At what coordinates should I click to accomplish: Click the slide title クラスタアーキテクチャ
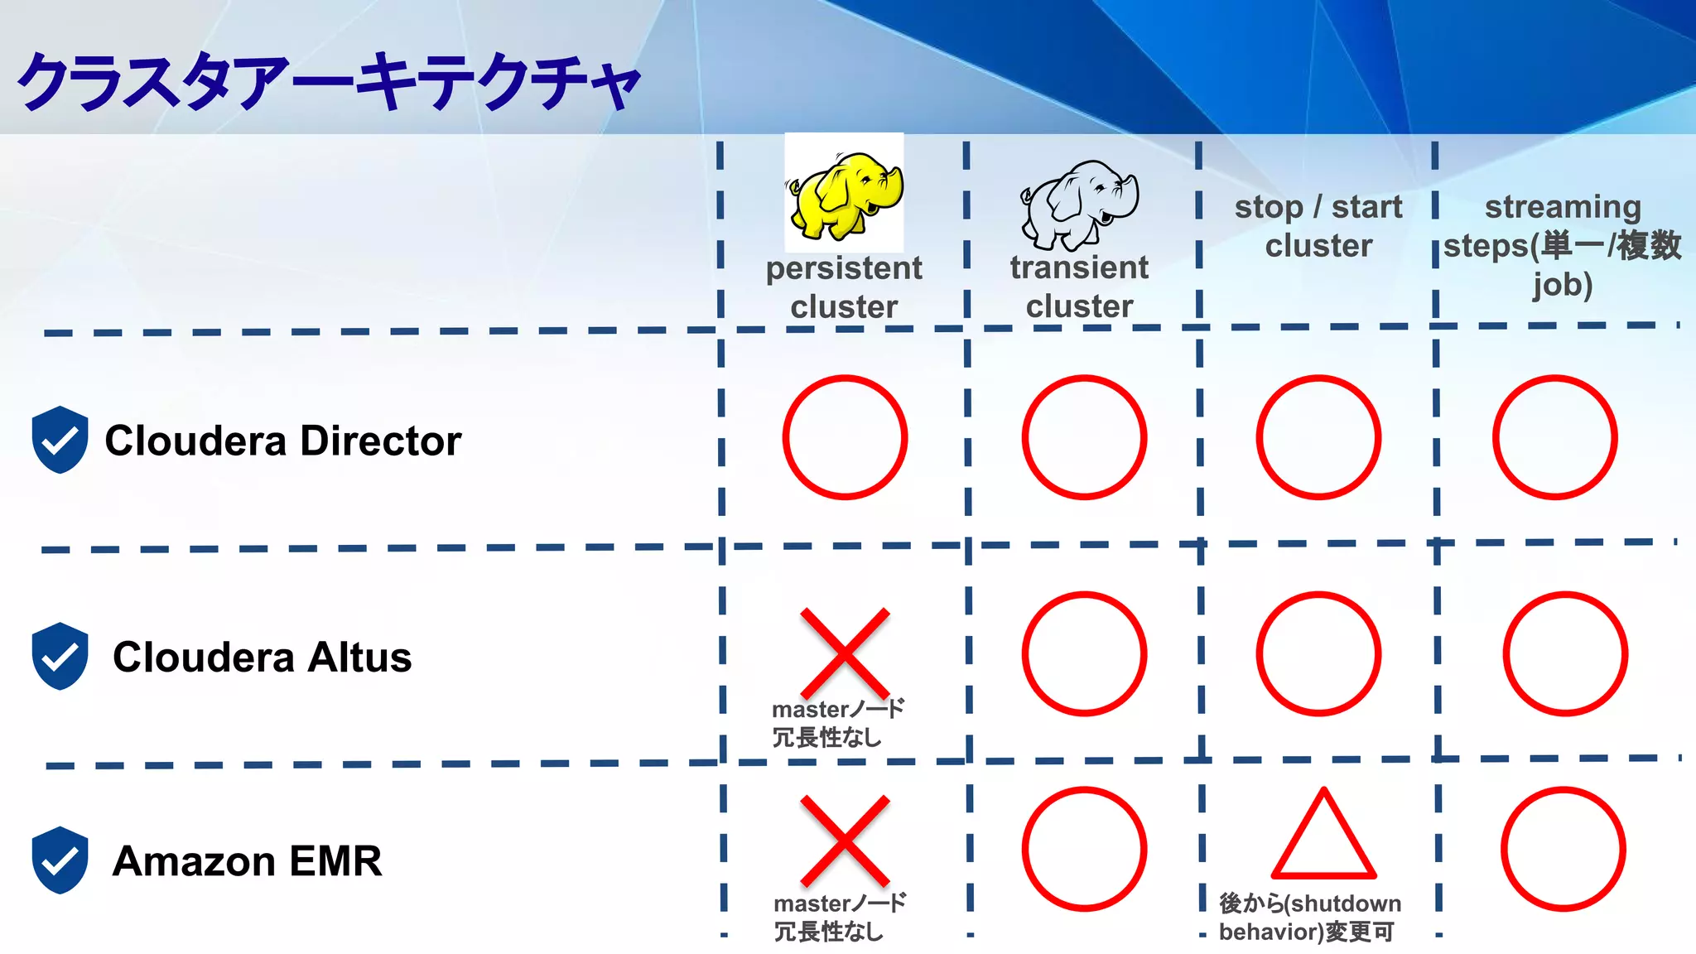click(329, 81)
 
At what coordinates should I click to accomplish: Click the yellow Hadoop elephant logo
click(844, 193)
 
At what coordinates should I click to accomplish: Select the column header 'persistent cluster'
click(844, 287)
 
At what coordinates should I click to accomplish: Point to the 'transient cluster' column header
click(1079, 287)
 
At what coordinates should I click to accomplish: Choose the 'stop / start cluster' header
click(1318, 226)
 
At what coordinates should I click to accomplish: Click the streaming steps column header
click(1562, 245)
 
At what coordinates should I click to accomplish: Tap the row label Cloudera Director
click(282, 441)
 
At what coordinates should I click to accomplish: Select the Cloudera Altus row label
click(262, 658)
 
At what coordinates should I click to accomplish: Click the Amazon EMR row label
click(247, 861)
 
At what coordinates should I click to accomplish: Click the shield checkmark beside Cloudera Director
click(60, 440)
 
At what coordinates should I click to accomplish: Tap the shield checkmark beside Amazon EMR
click(60, 860)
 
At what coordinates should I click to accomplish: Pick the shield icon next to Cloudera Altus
click(60, 656)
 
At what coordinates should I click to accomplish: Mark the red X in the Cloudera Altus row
click(845, 653)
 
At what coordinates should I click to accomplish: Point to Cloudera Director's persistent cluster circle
click(845, 437)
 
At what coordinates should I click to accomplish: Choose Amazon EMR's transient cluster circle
click(1084, 849)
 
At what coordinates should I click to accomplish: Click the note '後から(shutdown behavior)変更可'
click(1310, 918)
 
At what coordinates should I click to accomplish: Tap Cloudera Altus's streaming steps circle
click(1565, 653)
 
